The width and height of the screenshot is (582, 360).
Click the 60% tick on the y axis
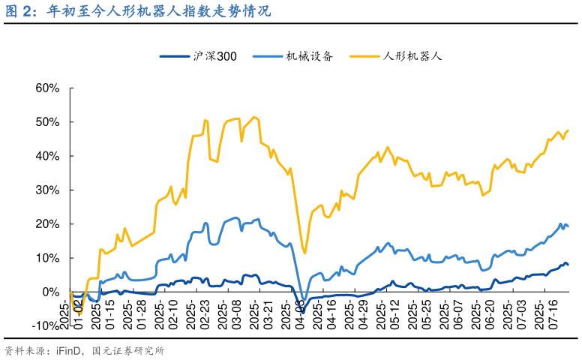coord(47,88)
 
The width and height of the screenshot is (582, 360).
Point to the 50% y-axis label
coord(47,122)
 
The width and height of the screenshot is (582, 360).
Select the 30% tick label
coord(47,190)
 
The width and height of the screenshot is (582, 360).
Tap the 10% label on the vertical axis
coord(47,257)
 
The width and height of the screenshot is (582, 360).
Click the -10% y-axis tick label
coord(46,325)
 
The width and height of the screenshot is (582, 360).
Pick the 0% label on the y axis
coord(50,292)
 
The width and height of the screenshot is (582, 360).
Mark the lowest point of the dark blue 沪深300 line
coord(303,310)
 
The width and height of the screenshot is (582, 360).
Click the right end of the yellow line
coord(568,130)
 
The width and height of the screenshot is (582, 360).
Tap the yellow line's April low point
coord(304,253)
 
